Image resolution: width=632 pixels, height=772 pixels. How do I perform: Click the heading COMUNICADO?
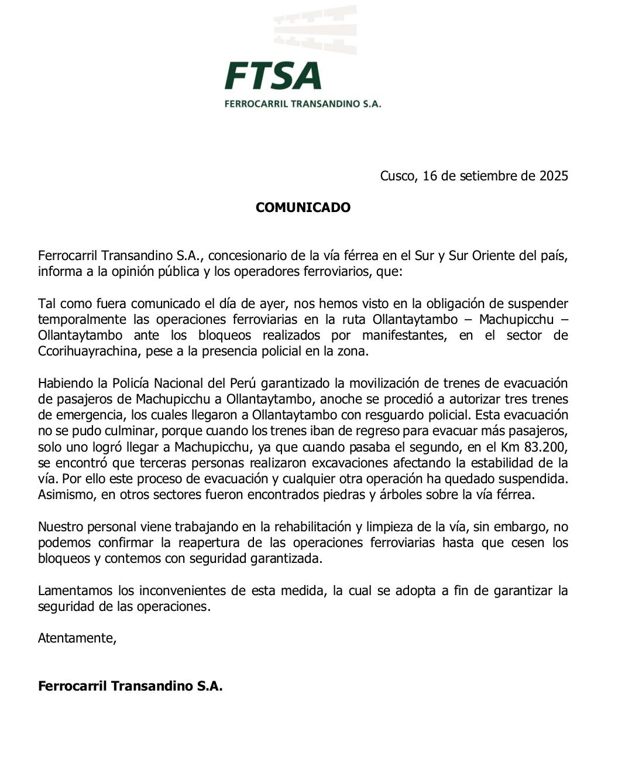[303, 207]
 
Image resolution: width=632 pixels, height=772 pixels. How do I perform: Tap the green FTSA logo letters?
[273, 76]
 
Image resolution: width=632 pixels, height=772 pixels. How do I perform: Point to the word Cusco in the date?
[397, 176]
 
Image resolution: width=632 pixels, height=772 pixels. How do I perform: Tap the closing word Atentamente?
[77, 638]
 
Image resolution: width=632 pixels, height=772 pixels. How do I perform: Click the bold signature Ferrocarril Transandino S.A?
[130, 686]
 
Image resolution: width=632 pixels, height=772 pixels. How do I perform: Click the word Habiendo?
[65, 383]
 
